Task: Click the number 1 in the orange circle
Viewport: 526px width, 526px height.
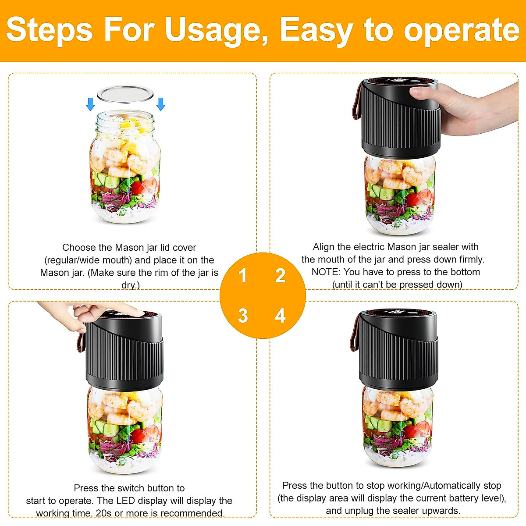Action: [x=242, y=276]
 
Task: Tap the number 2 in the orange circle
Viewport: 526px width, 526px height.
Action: [x=280, y=276]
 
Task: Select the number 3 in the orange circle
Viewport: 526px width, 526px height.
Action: [x=243, y=316]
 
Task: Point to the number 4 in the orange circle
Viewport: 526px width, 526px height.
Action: [x=280, y=316]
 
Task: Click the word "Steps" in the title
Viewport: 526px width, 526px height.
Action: [x=49, y=30]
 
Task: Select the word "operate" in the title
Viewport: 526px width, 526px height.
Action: [x=461, y=30]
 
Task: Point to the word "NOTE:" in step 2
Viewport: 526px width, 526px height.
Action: [x=326, y=272]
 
